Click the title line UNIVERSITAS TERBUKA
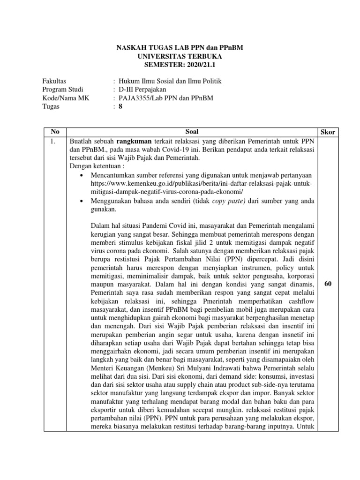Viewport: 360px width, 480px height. (x=180, y=56)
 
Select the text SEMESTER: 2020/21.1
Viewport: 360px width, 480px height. (x=180, y=64)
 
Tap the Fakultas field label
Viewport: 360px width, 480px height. (x=54, y=81)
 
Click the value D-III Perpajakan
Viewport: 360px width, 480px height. (x=142, y=90)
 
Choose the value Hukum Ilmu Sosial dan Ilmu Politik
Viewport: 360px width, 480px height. (x=170, y=81)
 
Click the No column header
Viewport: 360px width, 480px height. (x=55, y=132)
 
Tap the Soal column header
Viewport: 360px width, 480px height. (x=192, y=132)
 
